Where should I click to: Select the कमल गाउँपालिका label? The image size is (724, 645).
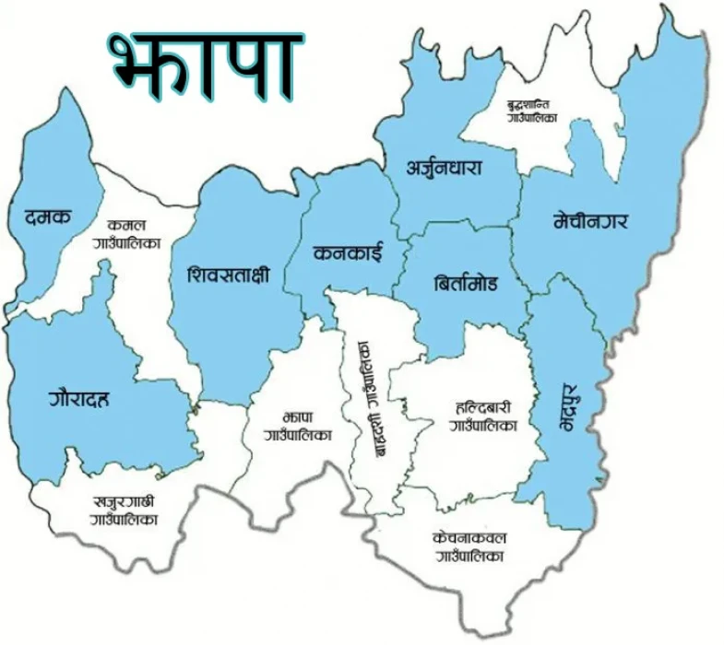(127, 234)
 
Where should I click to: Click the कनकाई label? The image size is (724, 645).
(347, 252)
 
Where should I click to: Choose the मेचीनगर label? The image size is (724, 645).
(597, 221)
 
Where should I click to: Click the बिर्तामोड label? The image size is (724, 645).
(465, 284)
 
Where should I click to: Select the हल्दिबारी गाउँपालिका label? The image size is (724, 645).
(483, 416)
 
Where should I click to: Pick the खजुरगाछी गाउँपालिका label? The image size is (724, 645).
(125, 511)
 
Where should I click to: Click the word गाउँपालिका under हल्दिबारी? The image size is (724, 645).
(483, 427)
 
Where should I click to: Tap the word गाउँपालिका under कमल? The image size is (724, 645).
(127, 244)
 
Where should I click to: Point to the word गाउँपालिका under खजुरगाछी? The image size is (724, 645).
(125, 521)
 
